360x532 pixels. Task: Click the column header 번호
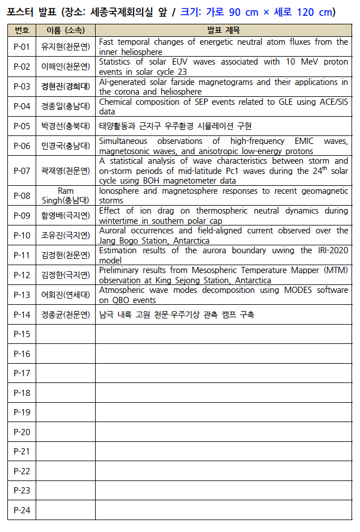coord(22,30)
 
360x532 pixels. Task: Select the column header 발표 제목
coord(223,30)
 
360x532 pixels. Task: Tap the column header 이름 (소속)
coord(65,30)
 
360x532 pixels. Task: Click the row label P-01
coord(22,47)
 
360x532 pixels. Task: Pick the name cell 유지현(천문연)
coord(65,47)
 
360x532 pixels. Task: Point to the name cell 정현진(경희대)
coord(65,87)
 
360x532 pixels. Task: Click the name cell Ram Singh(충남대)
coord(65,195)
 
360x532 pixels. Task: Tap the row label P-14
coord(22,314)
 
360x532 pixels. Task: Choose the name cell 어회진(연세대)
coord(65,295)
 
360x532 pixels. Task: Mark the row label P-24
coord(22,510)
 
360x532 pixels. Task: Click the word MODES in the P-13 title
coord(272,290)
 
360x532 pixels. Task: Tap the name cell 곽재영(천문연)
coord(65,171)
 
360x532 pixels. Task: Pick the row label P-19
coord(22,412)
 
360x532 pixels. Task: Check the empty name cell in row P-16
coord(65,354)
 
